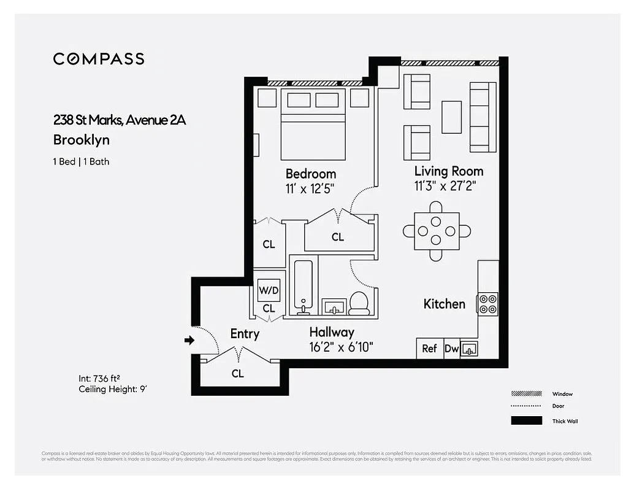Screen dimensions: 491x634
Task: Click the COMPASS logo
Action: click(99, 59)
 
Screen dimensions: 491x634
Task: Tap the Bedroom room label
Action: click(310, 174)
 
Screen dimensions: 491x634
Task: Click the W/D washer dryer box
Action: click(269, 290)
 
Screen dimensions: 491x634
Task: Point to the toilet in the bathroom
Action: click(359, 303)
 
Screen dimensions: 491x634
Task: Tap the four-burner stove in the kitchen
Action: click(488, 303)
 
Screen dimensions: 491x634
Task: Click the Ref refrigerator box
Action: click(429, 349)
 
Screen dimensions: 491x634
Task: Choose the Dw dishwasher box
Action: click(451, 349)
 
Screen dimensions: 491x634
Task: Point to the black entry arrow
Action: click(189, 340)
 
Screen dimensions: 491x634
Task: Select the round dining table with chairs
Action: click(436, 231)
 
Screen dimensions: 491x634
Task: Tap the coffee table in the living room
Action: click(452, 117)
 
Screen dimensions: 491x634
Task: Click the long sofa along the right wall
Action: click(483, 117)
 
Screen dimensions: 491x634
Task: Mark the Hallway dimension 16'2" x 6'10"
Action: click(341, 347)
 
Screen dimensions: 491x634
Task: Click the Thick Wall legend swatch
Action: click(526, 421)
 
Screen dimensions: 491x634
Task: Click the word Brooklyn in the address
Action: click(82, 140)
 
